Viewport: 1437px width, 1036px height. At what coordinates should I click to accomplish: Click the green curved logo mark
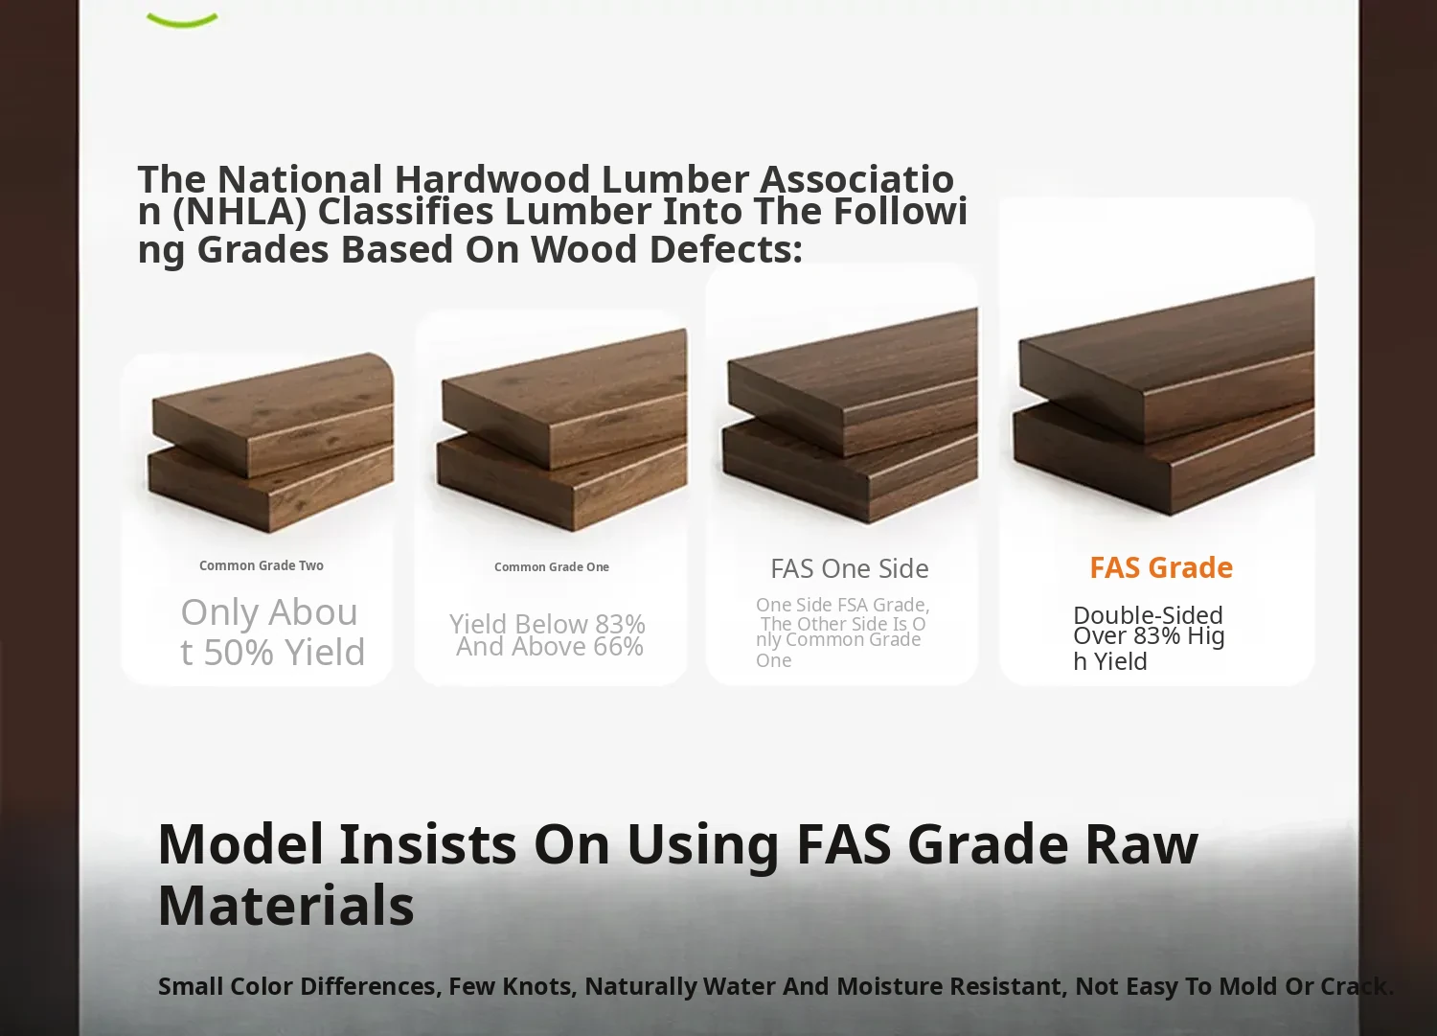tap(182, 20)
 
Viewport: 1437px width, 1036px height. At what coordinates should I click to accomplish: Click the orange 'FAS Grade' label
tap(1161, 567)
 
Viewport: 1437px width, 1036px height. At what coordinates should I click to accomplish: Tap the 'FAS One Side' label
tap(850, 568)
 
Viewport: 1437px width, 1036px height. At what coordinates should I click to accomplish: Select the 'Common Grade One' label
tap(552, 566)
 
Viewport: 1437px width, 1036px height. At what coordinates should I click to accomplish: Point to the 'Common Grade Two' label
tap(262, 565)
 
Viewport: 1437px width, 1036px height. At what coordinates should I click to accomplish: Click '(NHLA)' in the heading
tap(239, 212)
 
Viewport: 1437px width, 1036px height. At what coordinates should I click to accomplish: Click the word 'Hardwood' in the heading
tap(492, 178)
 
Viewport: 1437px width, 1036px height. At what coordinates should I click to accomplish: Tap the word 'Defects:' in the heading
tap(725, 249)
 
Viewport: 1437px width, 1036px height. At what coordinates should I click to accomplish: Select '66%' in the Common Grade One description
tap(618, 646)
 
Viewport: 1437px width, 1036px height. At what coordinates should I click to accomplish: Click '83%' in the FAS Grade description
tap(1156, 635)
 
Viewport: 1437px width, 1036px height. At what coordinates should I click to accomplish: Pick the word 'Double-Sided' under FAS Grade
tap(1148, 615)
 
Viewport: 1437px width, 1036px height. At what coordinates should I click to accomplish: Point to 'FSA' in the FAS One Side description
tap(853, 605)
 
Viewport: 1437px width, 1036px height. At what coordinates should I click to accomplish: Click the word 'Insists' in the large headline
tap(428, 844)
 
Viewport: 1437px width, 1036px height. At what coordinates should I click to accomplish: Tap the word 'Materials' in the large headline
tap(286, 905)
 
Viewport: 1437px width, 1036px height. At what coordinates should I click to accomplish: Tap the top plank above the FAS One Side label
tap(853, 382)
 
